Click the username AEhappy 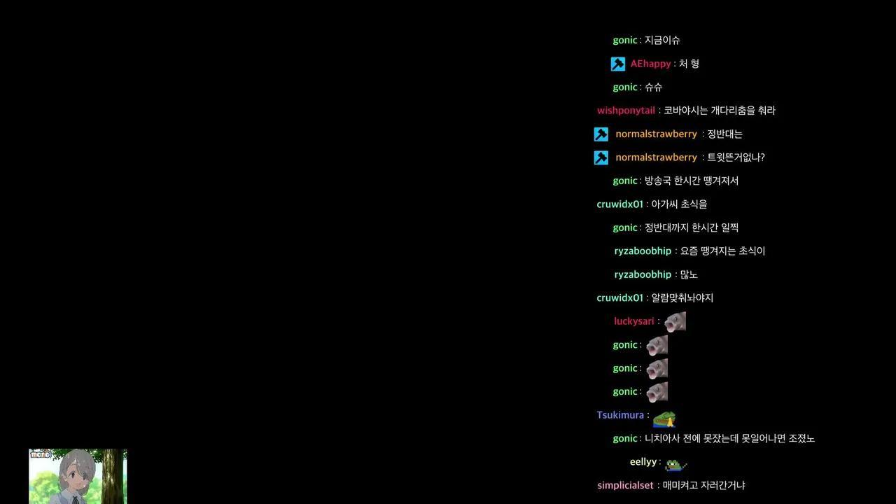(650, 64)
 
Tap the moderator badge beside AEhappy (618, 64)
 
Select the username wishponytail (626, 111)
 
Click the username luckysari (634, 321)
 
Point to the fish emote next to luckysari (675, 322)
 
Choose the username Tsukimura (620, 415)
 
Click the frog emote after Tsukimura (664, 419)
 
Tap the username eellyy (643, 462)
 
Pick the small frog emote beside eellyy (676, 465)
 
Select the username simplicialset (625, 486)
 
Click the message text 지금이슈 (662, 41)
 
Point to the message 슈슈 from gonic (654, 87)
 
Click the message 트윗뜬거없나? (736, 157)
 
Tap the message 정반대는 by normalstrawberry (724, 134)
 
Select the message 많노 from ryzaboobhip (689, 275)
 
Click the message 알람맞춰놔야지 (682, 298)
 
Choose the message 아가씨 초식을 (679, 204)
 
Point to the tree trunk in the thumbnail (113, 476)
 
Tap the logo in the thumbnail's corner (41, 454)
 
